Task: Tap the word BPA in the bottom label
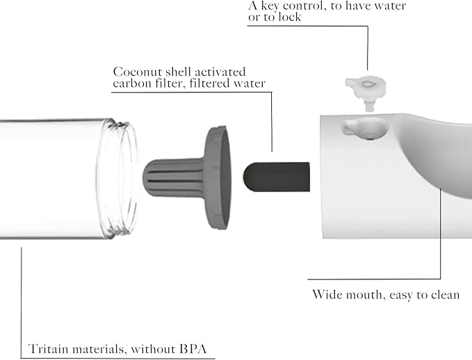pyautogui.click(x=193, y=349)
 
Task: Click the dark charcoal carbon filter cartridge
pyautogui.click(x=277, y=177)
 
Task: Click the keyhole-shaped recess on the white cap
pyautogui.click(x=364, y=129)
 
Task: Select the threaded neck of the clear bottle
pyautogui.click(x=118, y=179)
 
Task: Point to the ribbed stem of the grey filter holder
pyautogui.click(x=174, y=178)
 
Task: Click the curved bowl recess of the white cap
pyautogui.click(x=437, y=156)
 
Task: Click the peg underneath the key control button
pyautogui.click(x=370, y=105)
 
